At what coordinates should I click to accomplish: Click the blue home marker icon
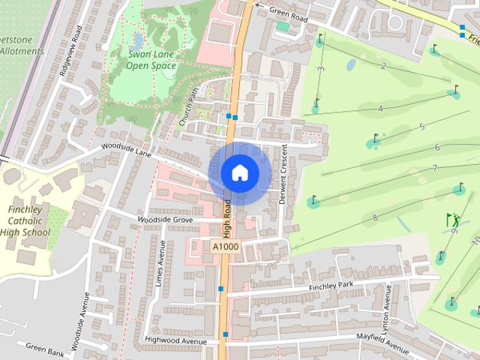click(x=239, y=172)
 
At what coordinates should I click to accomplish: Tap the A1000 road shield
click(x=225, y=246)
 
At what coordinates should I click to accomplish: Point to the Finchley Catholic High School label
click(x=29, y=221)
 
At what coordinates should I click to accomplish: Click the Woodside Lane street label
click(x=127, y=151)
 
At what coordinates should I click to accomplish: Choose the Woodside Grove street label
click(x=164, y=219)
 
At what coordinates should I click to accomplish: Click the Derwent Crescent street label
click(x=284, y=172)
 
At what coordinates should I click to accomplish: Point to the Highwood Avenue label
click(x=175, y=341)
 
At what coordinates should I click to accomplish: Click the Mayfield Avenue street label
click(x=382, y=343)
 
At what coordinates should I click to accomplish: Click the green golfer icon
click(x=453, y=220)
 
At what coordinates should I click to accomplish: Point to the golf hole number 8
click(x=375, y=218)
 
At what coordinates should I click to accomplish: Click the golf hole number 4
click(x=380, y=109)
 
